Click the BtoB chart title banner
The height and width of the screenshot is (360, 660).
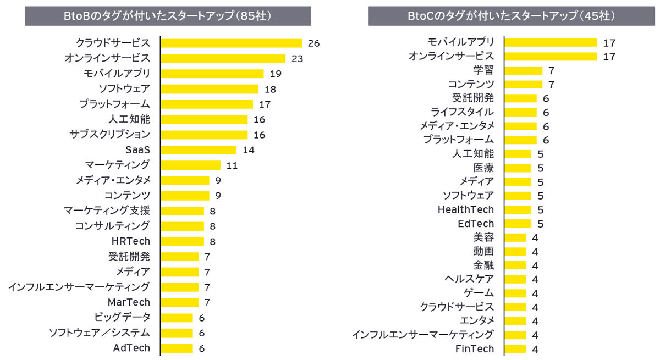click(168, 16)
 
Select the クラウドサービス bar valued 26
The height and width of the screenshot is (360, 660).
click(231, 43)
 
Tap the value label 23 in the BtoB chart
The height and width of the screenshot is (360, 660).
click(298, 58)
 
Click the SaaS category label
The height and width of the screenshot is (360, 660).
click(138, 149)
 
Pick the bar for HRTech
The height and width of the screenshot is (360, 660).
click(182, 241)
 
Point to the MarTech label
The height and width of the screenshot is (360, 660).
click(129, 302)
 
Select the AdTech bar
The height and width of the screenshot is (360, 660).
click(177, 348)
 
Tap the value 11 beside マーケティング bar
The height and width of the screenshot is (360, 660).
click(232, 165)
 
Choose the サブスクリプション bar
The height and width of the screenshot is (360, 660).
click(204, 135)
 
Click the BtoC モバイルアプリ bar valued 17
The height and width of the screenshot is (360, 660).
click(551, 42)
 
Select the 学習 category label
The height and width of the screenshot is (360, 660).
click(483, 70)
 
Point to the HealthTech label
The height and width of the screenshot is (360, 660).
click(466, 209)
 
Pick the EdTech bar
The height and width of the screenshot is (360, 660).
click(518, 224)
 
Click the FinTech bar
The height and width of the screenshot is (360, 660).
click(515, 349)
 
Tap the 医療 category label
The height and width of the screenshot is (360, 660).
click(483, 168)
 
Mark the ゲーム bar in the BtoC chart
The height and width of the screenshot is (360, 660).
click(515, 293)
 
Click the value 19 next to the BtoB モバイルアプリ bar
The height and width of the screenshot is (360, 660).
click(276, 74)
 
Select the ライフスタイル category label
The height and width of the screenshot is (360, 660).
click(462, 112)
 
